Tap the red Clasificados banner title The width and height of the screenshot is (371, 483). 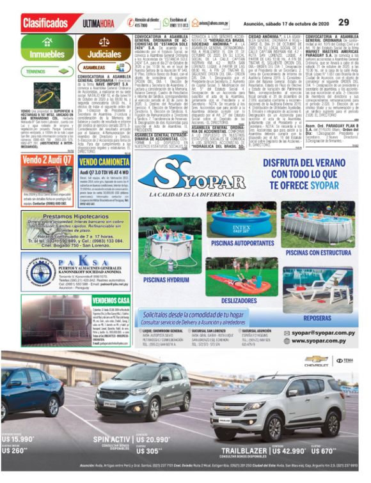coord(45,23)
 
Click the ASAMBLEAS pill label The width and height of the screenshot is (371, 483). coord(95,66)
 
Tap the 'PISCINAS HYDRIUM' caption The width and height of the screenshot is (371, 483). coord(166,279)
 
